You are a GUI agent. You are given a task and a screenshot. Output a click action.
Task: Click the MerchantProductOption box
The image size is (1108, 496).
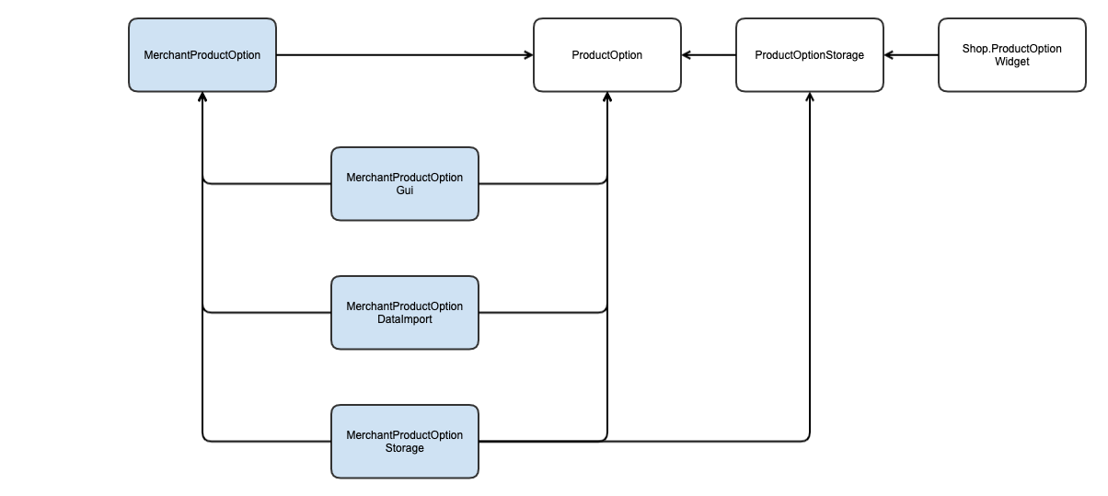202,55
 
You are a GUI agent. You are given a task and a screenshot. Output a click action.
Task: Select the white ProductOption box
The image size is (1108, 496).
607,55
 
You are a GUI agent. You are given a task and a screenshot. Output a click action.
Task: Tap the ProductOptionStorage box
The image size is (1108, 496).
810,55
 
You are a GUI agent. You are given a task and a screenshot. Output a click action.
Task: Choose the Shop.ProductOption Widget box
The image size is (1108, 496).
1012,55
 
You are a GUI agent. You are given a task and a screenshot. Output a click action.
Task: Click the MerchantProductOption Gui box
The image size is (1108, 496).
405,184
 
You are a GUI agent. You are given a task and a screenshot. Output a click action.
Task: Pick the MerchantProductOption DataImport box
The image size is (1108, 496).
405,313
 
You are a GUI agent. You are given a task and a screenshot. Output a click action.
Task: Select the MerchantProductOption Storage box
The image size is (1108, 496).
405,442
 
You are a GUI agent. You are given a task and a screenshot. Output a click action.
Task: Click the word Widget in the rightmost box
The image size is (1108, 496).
1012,62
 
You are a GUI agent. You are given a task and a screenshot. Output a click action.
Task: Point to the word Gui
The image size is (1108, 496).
405,190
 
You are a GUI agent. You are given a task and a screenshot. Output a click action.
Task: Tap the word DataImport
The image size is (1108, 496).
405,319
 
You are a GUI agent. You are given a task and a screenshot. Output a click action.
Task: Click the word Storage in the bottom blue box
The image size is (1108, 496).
405,448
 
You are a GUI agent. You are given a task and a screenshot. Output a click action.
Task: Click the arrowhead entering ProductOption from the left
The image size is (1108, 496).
529,55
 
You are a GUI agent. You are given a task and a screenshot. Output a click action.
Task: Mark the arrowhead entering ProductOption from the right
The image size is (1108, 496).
687,55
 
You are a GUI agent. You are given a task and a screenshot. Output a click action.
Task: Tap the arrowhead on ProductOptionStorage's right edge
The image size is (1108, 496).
889,55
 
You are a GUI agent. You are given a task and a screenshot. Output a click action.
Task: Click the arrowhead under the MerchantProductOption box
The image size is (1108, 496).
202,97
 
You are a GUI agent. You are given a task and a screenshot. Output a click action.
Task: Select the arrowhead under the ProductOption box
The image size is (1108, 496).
607,97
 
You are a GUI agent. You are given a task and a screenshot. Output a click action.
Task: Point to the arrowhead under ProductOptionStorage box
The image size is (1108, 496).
810,97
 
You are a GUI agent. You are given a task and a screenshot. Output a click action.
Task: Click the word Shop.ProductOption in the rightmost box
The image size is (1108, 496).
1012,49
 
